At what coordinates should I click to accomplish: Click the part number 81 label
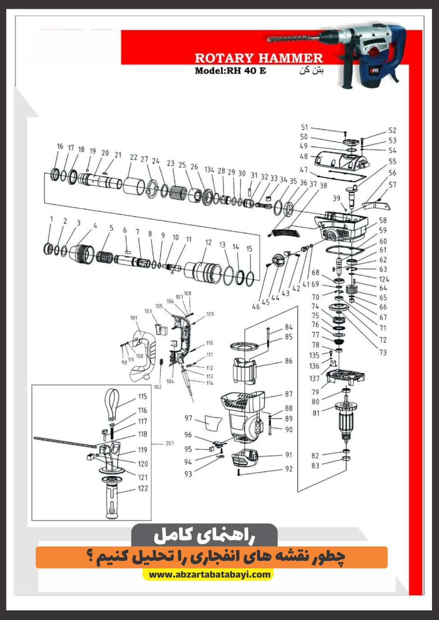coord(316,413)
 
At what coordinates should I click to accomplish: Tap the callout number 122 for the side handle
coord(143,488)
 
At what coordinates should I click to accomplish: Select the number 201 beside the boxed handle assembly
coord(169,443)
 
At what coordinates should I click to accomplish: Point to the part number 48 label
coord(304,156)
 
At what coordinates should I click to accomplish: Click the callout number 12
coord(208,242)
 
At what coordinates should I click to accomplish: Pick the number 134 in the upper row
coord(209,169)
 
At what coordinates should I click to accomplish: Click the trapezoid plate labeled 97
coord(213,422)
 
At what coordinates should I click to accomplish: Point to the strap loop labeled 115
coord(111,404)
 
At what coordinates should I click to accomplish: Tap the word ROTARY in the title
coord(224,58)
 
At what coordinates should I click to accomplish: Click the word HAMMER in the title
coord(291,58)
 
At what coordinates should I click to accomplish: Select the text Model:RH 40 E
coord(230,70)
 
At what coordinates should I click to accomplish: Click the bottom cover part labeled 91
coord(245,458)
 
